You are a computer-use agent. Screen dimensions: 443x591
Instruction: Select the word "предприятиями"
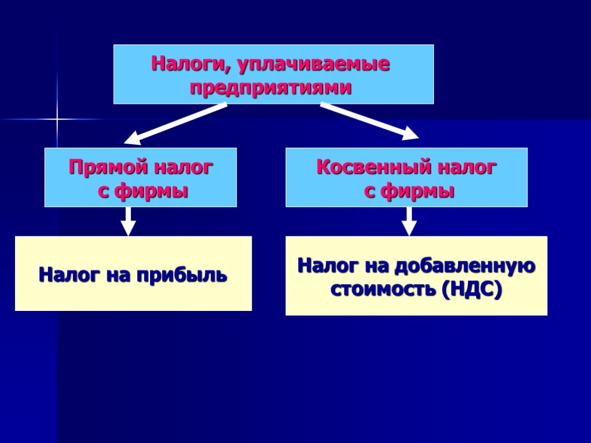271,88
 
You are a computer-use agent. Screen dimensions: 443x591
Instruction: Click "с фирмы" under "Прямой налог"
144,191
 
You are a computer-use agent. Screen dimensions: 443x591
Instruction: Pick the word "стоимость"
383,289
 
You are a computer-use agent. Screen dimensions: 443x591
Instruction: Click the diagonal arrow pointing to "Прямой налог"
175,123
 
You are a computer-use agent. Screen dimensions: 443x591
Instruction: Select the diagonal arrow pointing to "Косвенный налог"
369,121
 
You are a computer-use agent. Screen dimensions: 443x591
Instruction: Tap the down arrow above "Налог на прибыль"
129,221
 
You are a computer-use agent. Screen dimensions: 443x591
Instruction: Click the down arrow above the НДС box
409,221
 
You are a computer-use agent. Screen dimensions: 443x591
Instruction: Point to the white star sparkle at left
57,119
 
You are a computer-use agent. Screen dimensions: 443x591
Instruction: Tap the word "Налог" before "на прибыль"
62,275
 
